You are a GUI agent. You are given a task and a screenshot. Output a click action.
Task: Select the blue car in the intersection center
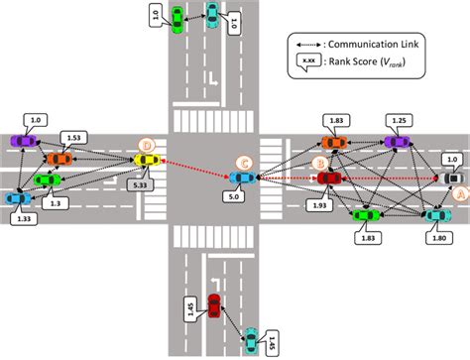click(241, 178)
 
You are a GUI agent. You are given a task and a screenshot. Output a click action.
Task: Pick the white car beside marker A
click(451, 179)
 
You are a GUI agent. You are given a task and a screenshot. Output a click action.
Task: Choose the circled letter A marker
click(457, 196)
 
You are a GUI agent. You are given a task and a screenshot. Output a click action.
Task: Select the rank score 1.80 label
click(438, 238)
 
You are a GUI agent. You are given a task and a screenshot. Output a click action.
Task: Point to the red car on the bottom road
click(214, 306)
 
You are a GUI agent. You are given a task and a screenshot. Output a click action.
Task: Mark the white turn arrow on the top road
click(211, 76)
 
